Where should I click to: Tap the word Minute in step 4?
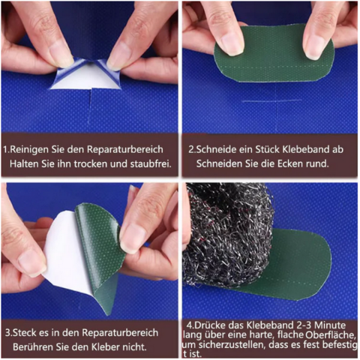coord(330,325)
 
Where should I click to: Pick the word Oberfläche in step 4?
coord(330,335)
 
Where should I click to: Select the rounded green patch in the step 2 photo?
coord(274,52)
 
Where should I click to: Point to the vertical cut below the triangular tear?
coord(91,107)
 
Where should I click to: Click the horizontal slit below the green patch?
coord(271,100)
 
